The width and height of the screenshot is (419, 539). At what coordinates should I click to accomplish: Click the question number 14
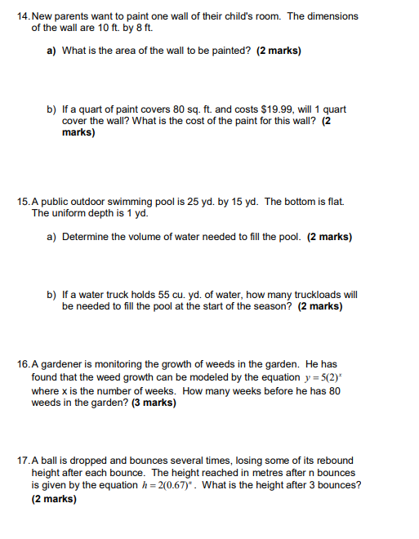(x=22, y=16)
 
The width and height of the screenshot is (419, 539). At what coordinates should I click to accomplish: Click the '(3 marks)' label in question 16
(x=149, y=403)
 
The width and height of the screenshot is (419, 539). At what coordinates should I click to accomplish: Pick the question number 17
(x=22, y=460)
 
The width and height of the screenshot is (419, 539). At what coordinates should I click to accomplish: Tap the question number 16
(x=22, y=364)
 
